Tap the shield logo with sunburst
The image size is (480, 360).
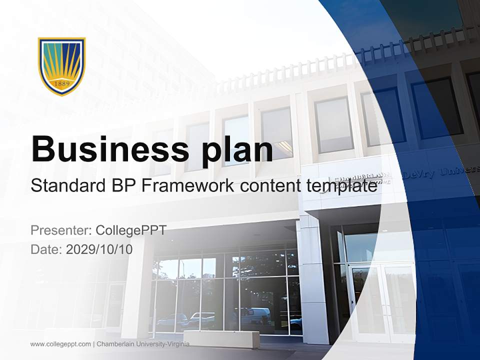pos(62,65)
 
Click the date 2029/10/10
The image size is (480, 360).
pos(99,249)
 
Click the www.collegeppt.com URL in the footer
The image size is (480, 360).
pos(60,344)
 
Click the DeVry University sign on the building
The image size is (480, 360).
pos(440,171)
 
